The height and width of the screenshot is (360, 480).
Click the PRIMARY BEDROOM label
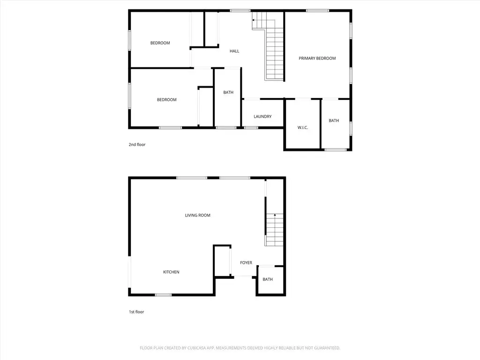(x=317, y=58)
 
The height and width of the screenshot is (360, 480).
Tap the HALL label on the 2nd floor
(x=234, y=51)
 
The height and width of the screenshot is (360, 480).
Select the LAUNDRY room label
(x=262, y=116)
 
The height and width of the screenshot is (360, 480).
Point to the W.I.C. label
(x=303, y=127)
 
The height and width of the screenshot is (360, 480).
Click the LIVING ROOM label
(x=198, y=215)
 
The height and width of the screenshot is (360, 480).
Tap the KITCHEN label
(x=171, y=272)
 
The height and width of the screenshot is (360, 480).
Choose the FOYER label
(x=246, y=262)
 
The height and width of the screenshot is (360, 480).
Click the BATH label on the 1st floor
(x=268, y=279)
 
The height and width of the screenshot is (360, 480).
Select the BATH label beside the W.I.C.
(x=334, y=120)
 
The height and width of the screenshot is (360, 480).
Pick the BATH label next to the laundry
(x=228, y=92)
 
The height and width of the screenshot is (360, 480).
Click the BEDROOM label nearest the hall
(x=160, y=43)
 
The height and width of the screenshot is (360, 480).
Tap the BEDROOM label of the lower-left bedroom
(x=167, y=99)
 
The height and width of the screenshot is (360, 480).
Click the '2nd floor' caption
(x=137, y=144)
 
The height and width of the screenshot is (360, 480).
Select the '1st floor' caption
(x=136, y=312)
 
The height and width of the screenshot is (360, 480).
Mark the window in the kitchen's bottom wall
(x=163, y=295)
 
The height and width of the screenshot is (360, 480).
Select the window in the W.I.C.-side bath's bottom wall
(x=336, y=150)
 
